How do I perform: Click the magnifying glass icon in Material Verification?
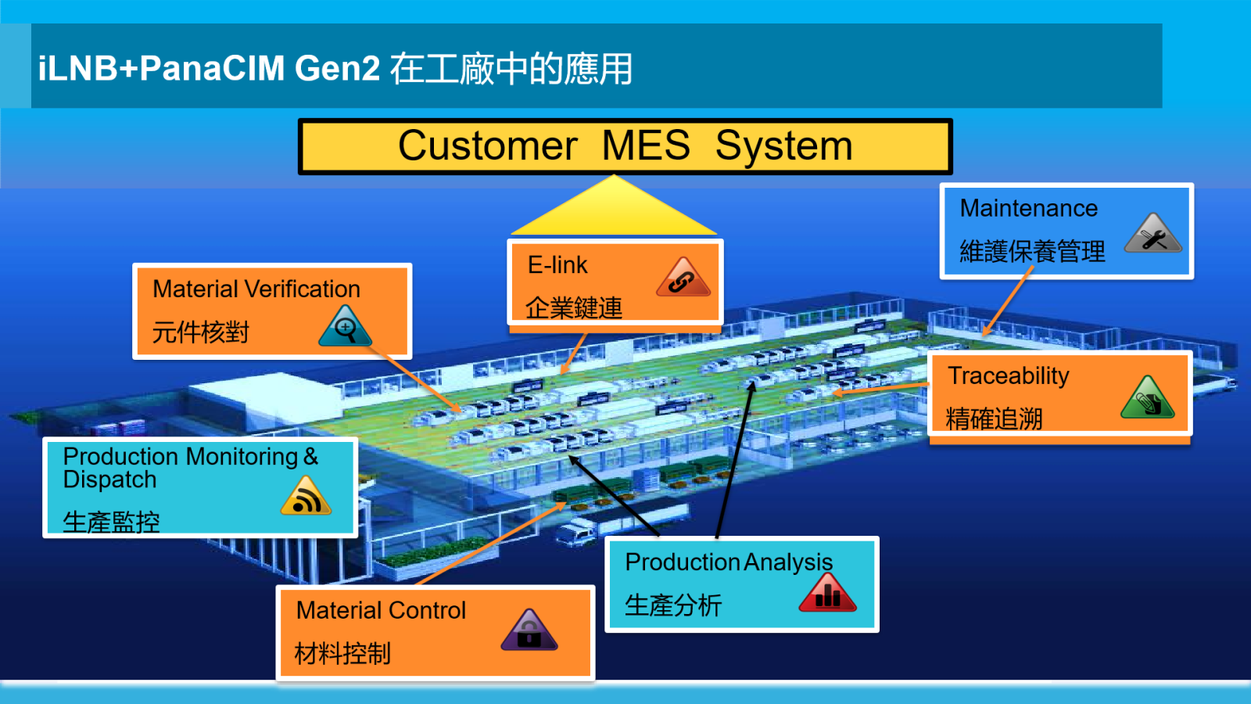tap(345, 328)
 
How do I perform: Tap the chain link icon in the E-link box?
tap(683, 278)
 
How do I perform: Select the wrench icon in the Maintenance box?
tap(1153, 235)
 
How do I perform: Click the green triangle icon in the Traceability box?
tap(1147, 399)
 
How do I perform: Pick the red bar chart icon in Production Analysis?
tap(827, 594)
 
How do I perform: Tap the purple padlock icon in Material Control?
tap(529, 631)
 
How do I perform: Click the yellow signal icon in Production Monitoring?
tap(306, 497)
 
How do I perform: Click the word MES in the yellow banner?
tap(646, 145)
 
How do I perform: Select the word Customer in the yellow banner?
tap(488, 145)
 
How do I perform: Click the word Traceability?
tap(1008, 376)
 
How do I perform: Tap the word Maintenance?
tap(1028, 208)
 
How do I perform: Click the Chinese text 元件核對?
tap(200, 332)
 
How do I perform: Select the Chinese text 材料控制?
tap(342, 653)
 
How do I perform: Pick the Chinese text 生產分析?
tap(673, 605)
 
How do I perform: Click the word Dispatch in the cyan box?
tap(109, 480)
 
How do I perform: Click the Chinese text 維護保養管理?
tap(1032, 251)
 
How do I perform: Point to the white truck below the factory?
tap(575, 533)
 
